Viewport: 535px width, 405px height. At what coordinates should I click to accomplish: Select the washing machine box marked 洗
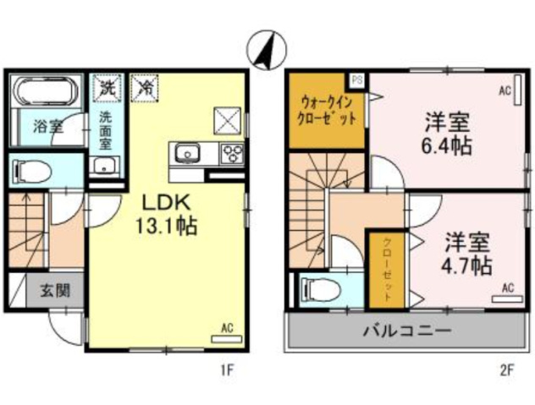click(x=108, y=88)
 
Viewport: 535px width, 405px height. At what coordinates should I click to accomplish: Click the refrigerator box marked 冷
click(x=146, y=88)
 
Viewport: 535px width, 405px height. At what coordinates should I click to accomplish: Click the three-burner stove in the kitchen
click(x=232, y=153)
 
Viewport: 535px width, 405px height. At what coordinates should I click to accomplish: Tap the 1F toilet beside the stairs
click(x=31, y=171)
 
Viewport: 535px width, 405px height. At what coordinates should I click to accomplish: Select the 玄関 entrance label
click(x=56, y=291)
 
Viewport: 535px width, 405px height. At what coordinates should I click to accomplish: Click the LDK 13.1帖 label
click(x=166, y=215)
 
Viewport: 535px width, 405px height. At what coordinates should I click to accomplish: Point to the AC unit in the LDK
click(x=227, y=339)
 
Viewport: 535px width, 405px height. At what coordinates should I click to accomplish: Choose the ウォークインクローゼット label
click(x=327, y=110)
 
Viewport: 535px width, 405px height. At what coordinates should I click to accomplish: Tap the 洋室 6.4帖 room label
click(x=448, y=134)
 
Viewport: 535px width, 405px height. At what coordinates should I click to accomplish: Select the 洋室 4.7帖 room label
click(x=467, y=253)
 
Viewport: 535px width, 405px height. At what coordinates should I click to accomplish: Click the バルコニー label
click(x=406, y=330)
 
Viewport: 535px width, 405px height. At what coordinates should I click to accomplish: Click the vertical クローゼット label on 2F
click(x=387, y=270)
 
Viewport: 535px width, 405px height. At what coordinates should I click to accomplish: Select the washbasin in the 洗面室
click(x=104, y=167)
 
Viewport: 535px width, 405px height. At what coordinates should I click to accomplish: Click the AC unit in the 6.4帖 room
click(x=518, y=90)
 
